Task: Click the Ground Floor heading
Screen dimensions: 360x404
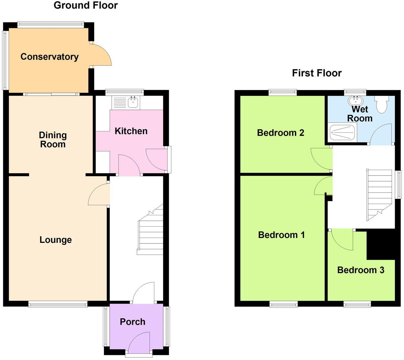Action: tap(85, 6)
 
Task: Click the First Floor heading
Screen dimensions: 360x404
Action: tap(317, 73)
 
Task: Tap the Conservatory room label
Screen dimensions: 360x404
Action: tap(50, 57)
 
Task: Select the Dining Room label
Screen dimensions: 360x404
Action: tap(53, 140)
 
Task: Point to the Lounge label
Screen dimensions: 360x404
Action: tap(56, 240)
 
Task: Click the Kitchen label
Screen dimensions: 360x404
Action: tap(131, 131)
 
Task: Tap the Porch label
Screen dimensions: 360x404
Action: tap(132, 322)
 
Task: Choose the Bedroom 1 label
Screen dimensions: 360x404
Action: tap(281, 235)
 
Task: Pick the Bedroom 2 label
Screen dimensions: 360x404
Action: tap(280, 133)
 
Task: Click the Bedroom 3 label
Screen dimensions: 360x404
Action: tap(361, 270)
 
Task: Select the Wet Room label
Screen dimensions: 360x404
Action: tap(360, 114)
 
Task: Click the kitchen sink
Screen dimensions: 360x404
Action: tap(133, 103)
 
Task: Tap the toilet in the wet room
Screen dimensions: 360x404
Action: tap(382, 104)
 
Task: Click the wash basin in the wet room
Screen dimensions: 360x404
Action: tap(355, 100)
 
